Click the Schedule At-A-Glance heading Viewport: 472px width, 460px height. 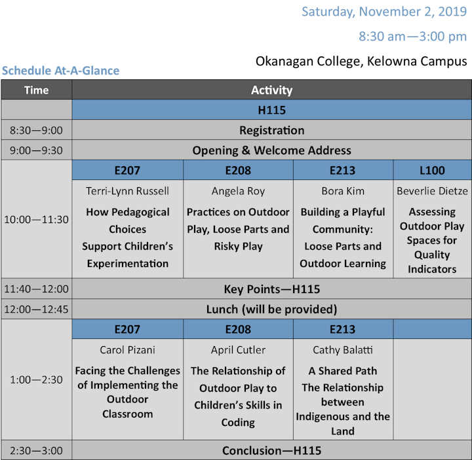coord(60,71)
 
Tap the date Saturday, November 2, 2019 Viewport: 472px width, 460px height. coord(384,12)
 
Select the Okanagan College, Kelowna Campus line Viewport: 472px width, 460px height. coord(361,62)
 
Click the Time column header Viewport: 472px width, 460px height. coord(37,90)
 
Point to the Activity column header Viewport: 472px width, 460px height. coord(272,90)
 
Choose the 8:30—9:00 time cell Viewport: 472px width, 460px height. coord(36,130)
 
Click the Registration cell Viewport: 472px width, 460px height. coord(272,130)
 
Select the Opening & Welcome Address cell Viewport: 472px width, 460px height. coord(272,150)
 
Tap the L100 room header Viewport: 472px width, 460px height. coord(432,170)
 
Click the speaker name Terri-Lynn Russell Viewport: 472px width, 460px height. coord(127,191)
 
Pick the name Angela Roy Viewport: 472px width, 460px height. coord(238,191)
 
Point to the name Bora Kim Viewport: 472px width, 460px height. coord(343,191)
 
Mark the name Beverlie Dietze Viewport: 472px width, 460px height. coord(432,191)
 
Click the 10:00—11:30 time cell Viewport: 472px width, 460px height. coord(36,220)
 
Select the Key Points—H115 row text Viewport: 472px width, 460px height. coord(272,289)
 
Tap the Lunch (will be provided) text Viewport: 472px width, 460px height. coord(272,309)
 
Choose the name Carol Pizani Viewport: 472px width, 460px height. coord(127,349)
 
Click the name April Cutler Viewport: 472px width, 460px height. coord(238,349)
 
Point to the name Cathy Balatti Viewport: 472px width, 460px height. coord(343,349)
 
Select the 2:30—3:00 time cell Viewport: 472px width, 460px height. coord(36,451)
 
